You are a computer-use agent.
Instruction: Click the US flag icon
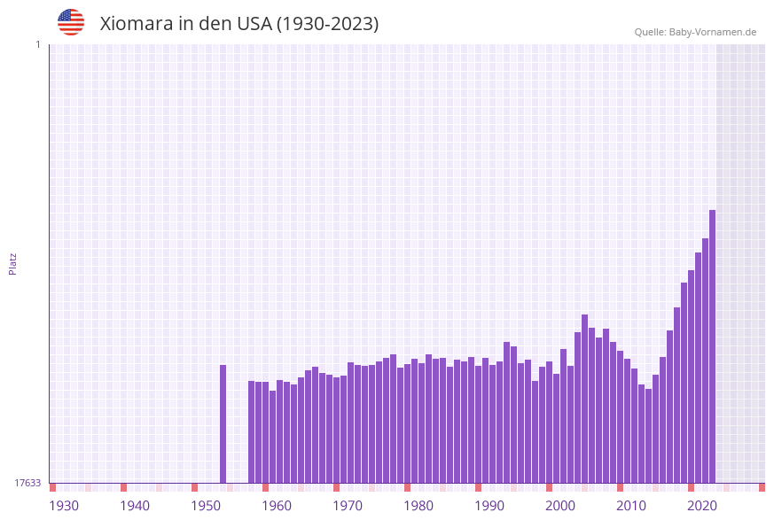click(71, 22)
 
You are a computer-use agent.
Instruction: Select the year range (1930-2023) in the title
click(328, 24)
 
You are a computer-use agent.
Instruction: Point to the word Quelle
click(650, 32)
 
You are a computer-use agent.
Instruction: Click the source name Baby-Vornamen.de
click(713, 32)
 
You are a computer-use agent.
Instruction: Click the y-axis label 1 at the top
click(37, 44)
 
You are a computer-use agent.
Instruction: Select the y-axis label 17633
click(27, 483)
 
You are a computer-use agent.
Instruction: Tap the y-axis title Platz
click(12, 263)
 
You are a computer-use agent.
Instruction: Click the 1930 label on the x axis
click(64, 506)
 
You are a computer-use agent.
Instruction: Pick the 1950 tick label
click(206, 506)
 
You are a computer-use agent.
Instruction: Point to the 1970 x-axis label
click(348, 506)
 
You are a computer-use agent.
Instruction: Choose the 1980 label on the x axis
click(418, 506)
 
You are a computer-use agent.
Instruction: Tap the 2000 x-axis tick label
click(560, 506)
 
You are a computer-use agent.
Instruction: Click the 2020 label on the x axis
click(702, 506)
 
